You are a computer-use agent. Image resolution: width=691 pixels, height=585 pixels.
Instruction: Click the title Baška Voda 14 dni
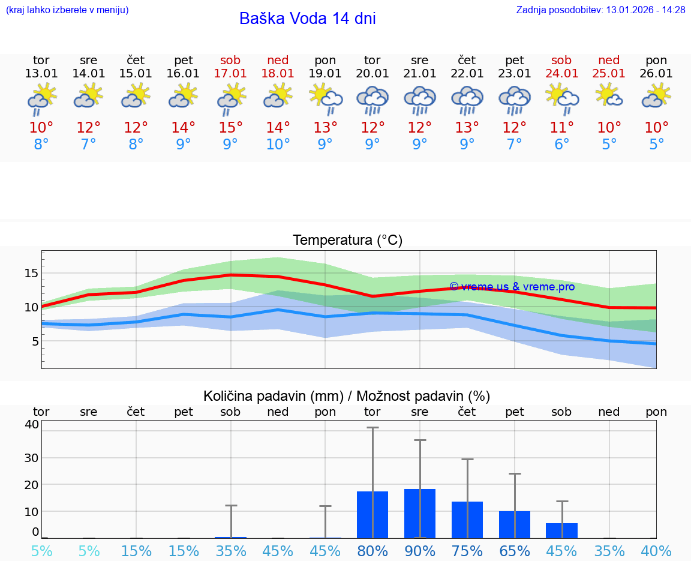click(x=307, y=19)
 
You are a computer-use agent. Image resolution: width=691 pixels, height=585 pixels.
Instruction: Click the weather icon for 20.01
click(x=372, y=100)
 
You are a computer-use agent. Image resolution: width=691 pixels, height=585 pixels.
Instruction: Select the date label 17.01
click(x=230, y=74)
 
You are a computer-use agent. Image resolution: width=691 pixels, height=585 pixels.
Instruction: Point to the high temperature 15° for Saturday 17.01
click(x=230, y=128)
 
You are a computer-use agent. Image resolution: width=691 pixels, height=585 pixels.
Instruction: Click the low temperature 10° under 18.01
click(x=278, y=144)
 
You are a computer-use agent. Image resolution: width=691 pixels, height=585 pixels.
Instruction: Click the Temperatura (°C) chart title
click(x=347, y=241)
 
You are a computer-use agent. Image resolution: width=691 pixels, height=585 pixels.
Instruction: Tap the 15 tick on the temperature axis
click(x=31, y=273)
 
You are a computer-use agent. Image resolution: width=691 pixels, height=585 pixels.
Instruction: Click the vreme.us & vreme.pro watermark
click(x=512, y=287)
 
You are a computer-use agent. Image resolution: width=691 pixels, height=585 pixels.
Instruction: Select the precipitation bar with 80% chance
click(x=372, y=515)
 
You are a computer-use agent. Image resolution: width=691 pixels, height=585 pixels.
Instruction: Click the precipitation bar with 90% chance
click(x=420, y=514)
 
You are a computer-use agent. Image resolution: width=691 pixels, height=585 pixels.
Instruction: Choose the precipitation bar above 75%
click(x=467, y=520)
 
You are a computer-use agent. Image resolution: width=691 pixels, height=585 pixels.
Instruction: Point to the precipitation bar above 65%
click(x=515, y=524)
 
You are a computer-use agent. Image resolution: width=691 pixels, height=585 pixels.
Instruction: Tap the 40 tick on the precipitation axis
click(x=31, y=424)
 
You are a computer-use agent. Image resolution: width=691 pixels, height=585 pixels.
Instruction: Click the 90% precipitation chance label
click(x=420, y=551)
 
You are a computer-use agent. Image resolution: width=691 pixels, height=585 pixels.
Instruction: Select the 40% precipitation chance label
click(x=656, y=551)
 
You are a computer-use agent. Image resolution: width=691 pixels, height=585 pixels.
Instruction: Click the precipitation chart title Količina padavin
click(x=347, y=396)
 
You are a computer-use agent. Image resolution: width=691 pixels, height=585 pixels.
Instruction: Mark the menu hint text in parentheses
click(x=67, y=10)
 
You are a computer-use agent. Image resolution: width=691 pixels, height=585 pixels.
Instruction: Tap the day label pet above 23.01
click(x=515, y=60)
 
